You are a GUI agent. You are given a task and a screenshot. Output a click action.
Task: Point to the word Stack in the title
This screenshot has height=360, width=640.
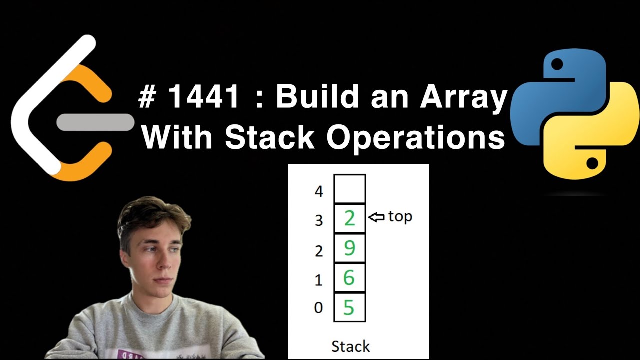(x=270, y=137)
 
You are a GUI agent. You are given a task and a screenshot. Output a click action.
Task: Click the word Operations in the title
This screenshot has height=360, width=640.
(x=416, y=138)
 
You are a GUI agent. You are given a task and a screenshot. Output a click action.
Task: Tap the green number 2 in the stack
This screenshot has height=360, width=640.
(x=349, y=218)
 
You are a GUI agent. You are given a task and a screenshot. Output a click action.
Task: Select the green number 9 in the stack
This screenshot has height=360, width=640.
(x=349, y=248)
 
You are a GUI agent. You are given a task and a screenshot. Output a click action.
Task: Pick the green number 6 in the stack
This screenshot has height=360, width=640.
(x=349, y=277)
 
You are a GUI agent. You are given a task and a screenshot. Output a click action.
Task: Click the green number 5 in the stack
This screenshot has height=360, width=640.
(x=349, y=307)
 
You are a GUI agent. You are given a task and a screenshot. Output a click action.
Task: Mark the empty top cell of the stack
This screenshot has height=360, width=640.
(x=349, y=189)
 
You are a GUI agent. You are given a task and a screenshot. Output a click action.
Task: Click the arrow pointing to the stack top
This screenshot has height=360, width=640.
(x=376, y=217)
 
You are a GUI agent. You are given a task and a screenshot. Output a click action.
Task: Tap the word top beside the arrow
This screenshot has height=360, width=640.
(x=400, y=217)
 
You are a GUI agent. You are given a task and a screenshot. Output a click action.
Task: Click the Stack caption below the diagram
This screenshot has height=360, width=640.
(x=350, y=346)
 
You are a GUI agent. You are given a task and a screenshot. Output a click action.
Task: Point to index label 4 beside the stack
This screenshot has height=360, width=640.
(x=319, y=191)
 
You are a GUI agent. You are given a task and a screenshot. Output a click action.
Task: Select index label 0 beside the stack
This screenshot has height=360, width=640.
(x=318, y=308)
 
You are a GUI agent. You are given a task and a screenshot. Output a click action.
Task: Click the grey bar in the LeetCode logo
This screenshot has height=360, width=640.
(x=95, y=122)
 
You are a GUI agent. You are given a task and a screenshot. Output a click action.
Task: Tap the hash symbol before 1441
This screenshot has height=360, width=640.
(x=148, y=98)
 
